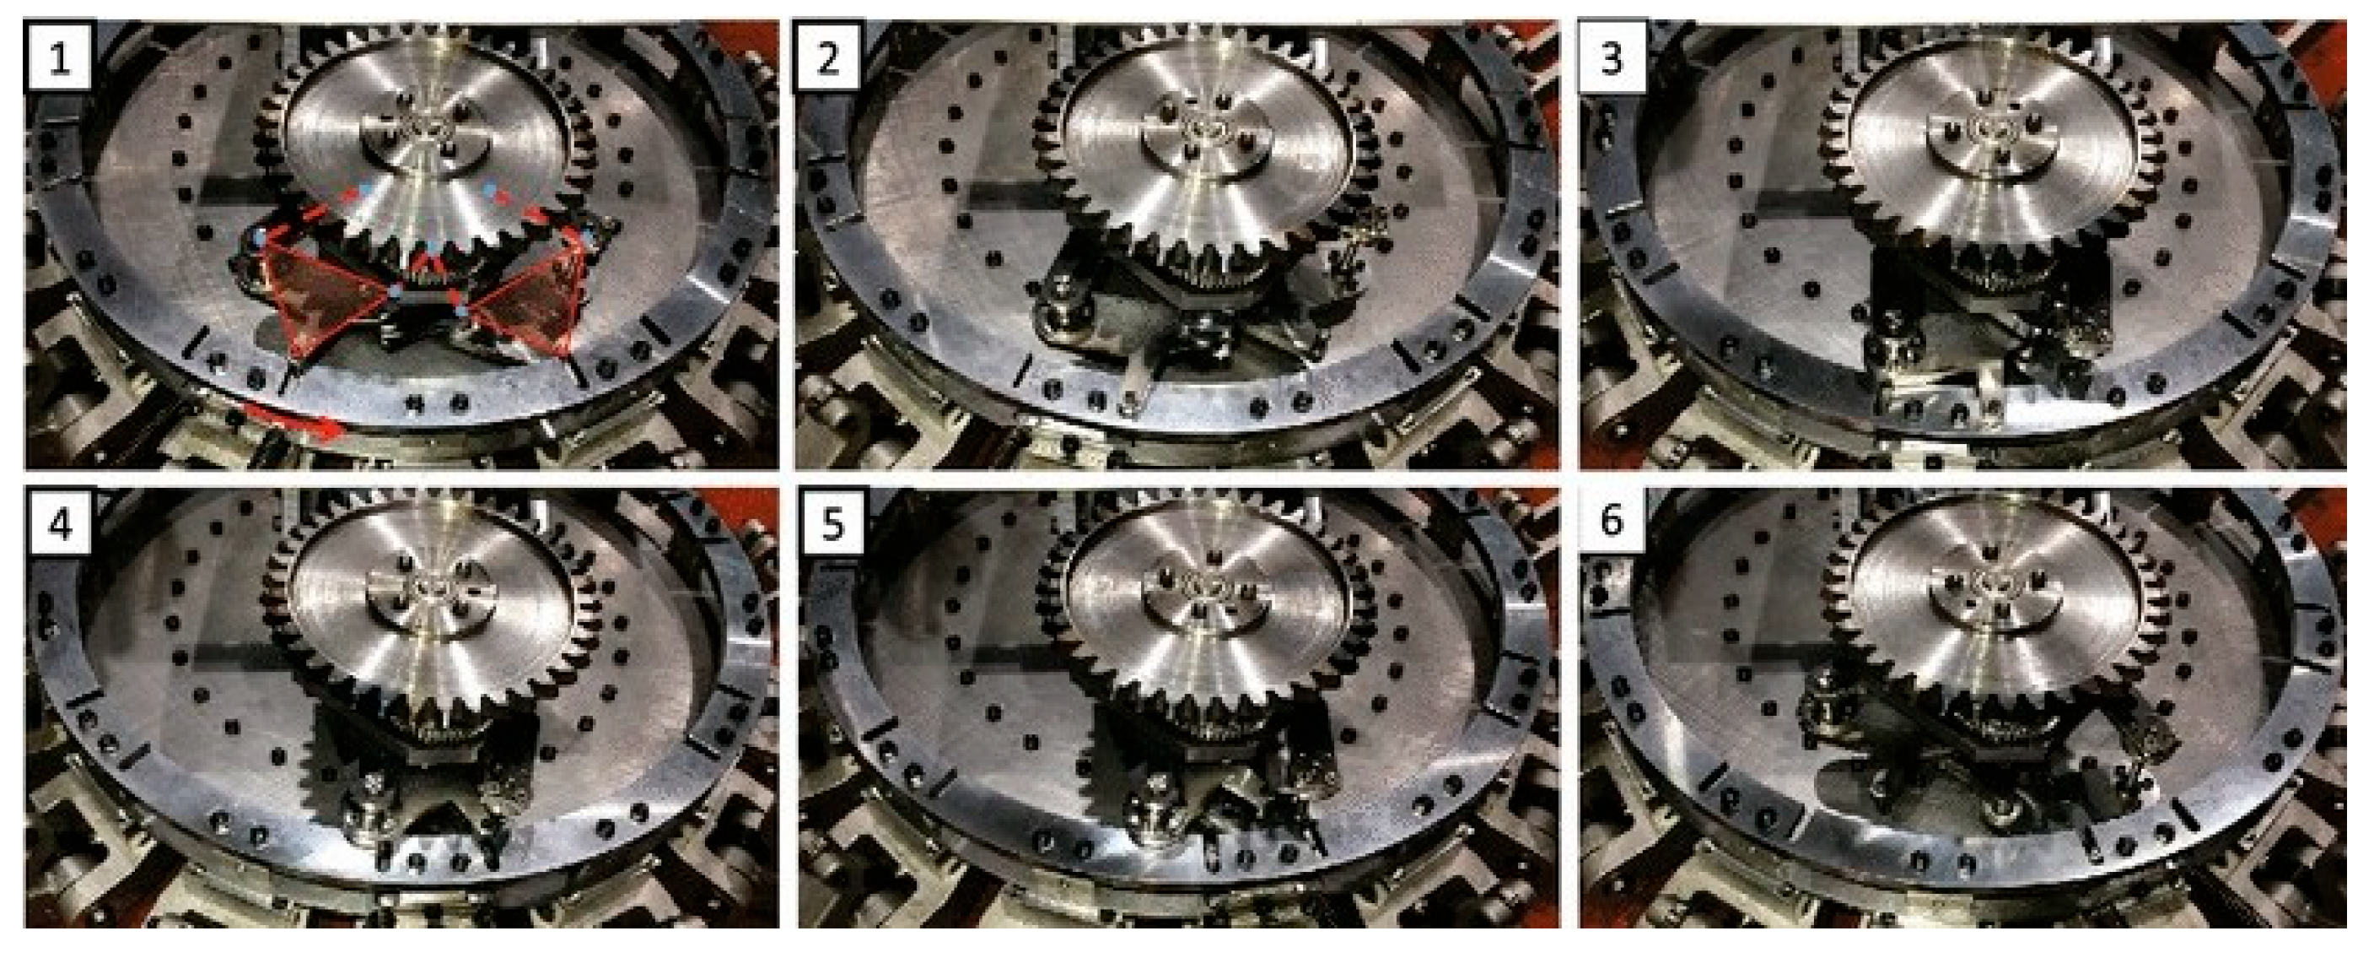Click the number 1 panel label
59,59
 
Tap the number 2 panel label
828,59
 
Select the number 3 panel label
1611,59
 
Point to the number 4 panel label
59,523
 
